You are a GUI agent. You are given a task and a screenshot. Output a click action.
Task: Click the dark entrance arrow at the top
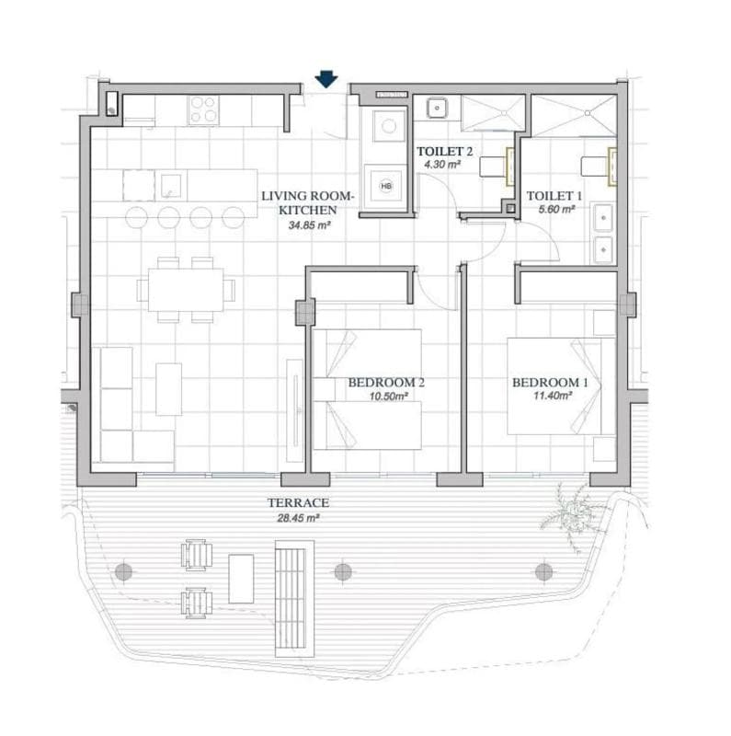[326, 79]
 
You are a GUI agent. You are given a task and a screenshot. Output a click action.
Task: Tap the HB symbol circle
[385, 187]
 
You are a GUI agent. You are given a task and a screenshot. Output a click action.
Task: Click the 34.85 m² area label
[310, 224]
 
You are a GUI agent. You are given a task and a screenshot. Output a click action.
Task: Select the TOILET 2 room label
[444, 151]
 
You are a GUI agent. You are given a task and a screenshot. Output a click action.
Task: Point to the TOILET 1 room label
[554, 195]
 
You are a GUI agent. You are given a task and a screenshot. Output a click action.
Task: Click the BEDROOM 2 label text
[386, 383]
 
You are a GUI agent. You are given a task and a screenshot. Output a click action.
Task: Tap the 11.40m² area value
[553, 396]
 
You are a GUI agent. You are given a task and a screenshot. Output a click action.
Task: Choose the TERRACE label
[299, 502]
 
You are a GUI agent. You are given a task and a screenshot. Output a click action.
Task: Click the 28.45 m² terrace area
[299, 518]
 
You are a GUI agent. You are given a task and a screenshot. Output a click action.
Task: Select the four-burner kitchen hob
[203, 109]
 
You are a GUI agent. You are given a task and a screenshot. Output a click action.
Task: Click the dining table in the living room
[186, 290]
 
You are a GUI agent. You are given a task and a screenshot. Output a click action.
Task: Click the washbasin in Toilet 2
[437, 108]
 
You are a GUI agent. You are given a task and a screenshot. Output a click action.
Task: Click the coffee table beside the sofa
[169, 389]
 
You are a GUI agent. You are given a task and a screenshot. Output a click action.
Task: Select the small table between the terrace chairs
[241, 579]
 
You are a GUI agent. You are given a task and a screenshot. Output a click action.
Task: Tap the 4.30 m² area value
[442, 165]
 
